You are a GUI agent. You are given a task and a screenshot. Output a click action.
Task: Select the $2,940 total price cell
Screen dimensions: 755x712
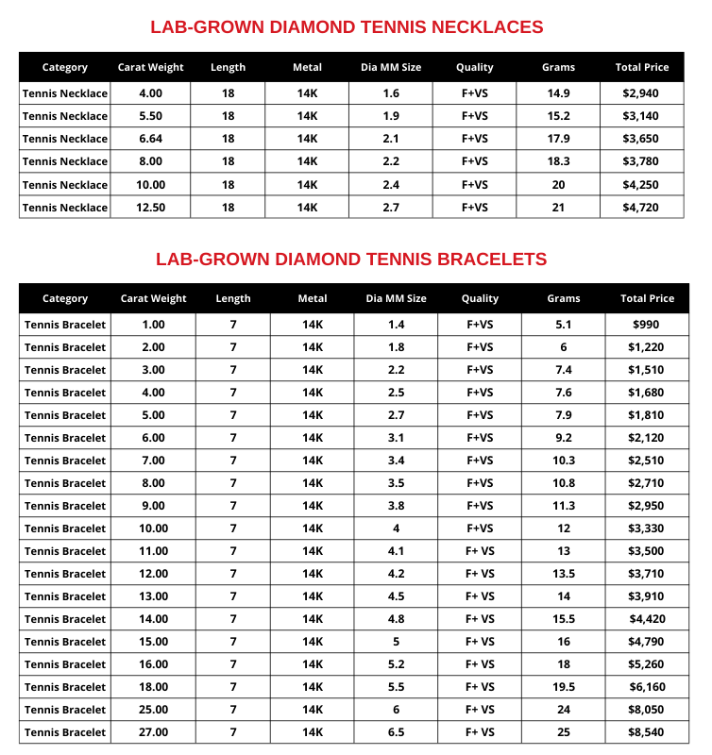coord(641,93)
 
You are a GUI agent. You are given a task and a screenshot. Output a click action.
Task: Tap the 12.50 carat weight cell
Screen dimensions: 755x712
coord(150,207)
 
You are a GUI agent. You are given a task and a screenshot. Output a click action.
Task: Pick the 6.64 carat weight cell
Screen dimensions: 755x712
coord(150,139)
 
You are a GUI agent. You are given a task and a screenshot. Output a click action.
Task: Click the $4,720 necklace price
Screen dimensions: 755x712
coord(641,207)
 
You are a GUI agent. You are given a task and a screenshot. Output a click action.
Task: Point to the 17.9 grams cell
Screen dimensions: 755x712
coord(558,139)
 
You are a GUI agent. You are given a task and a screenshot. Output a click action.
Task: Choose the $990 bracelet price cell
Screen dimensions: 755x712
coord(647,325)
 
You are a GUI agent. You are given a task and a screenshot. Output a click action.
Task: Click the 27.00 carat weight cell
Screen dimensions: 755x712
coord(153,732)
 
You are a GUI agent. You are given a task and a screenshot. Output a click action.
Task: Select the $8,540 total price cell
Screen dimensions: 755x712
coord(647,732)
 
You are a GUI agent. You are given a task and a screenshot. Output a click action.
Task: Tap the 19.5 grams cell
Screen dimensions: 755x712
coord(564,687)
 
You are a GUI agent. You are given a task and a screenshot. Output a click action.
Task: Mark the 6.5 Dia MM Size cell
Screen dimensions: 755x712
coord(396,732)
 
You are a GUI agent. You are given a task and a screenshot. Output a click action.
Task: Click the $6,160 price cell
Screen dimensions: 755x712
coord(647,687)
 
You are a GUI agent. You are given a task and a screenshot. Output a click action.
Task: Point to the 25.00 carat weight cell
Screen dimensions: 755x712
coord(153,710)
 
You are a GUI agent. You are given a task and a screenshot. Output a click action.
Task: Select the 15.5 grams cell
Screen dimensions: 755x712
coord(564,619)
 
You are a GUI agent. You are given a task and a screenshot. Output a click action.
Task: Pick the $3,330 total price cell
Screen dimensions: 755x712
coord(647,528)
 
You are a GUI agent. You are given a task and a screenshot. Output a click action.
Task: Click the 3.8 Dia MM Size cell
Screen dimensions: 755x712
coord(396,506)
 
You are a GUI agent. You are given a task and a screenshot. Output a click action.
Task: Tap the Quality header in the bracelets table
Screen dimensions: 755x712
coord(480,298)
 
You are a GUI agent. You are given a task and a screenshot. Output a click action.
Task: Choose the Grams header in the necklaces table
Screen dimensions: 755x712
coord(558,67)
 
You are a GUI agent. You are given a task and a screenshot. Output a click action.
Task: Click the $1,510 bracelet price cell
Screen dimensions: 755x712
coord(647,370)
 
